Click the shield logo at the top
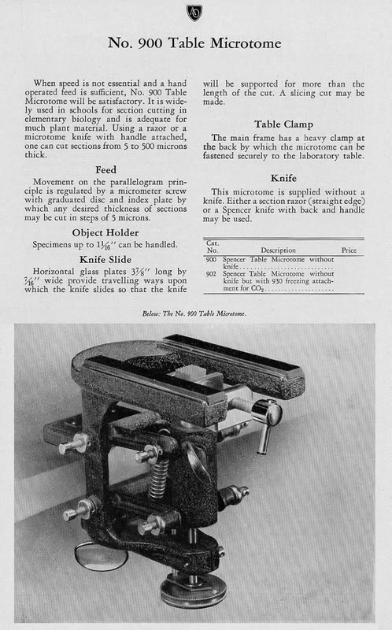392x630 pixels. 194,13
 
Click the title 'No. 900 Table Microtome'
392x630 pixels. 194,43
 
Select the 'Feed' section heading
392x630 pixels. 105,170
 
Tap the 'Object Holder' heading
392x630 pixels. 105,233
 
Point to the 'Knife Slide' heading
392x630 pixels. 105,260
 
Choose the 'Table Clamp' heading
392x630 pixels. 283,124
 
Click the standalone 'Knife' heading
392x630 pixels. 283,179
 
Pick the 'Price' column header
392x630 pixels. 349,250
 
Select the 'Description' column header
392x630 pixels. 278,250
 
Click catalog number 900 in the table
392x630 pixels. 211,260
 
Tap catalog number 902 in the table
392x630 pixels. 211,274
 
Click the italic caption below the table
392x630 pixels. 194,313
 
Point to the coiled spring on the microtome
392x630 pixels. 159,478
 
